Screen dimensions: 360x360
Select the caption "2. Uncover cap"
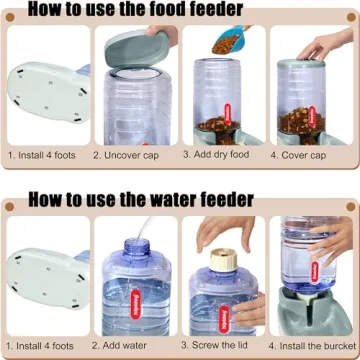[134, 156]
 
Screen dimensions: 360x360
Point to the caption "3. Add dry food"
[222, 156]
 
